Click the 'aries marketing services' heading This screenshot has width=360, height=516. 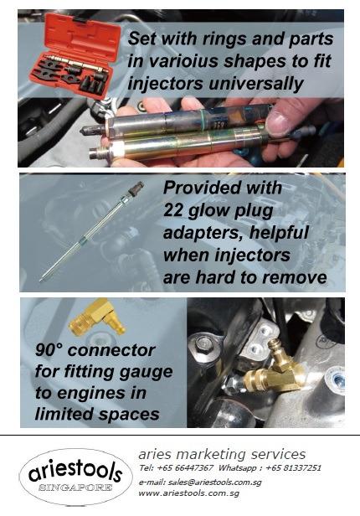point(222,454)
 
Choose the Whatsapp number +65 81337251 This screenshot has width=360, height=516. point(293,467)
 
